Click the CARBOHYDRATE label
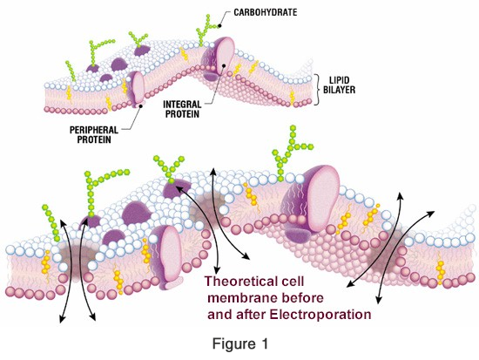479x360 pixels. point(265,12)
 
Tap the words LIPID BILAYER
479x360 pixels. point(339,85)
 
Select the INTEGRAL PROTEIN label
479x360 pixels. point(182,109)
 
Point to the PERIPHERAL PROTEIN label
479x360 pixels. point(94,134)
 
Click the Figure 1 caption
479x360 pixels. point(240,343)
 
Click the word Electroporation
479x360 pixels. point(320,315)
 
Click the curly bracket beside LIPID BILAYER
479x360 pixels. point(318,90)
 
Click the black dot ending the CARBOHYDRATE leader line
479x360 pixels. point(219,26)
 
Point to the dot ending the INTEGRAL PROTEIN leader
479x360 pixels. point(224,65)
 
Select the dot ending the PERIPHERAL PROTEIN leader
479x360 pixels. point(141,105)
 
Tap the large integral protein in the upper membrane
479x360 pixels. point(219,58)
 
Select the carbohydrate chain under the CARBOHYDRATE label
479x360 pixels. point(208,30)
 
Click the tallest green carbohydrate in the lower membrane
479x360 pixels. point(290,153)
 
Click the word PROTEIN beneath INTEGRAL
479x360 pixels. point(182,114)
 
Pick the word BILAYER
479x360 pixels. point(339,90)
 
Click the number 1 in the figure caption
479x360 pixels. point(264,343)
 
